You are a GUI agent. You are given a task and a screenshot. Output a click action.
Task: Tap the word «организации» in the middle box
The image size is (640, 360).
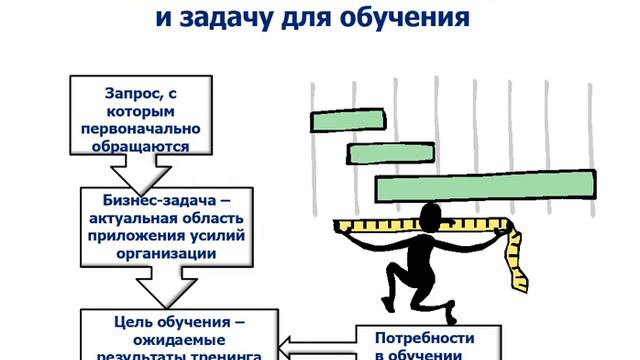click(160, 254)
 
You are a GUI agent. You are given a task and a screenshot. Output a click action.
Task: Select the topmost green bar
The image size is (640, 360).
click(361, 121)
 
